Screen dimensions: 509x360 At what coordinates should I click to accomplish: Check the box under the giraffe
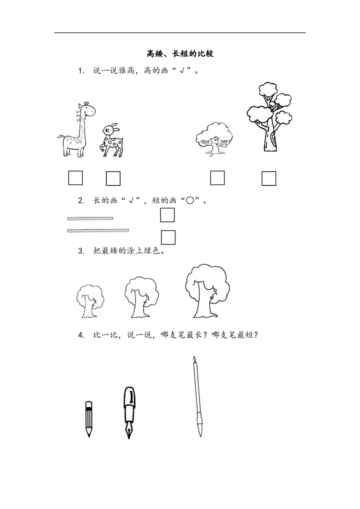(76, 178)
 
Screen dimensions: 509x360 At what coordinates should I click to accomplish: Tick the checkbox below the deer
(113, 179)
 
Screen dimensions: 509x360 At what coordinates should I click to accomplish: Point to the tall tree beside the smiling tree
(270, 117)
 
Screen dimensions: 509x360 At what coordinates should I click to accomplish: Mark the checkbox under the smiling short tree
(217, 178)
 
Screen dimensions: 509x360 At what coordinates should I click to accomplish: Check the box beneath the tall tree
(269, 179)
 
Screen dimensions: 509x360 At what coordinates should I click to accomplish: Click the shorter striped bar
(90, 219)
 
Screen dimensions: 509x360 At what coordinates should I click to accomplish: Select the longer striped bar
(98, 231)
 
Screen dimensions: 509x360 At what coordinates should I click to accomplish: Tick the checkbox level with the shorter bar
(167, 215)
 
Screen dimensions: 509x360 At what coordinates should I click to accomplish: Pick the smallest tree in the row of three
(89, 301)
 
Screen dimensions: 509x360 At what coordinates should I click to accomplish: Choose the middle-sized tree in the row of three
(141, 297)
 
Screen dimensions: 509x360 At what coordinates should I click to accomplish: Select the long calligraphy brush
(197, 396)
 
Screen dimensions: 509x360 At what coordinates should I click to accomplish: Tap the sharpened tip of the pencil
(89, 434)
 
